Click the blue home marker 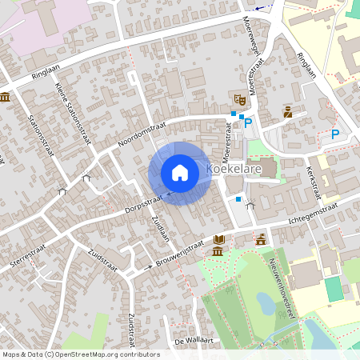coord(180,172)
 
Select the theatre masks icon coord(238,98)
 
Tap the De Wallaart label coord(192,341)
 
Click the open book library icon coord(219,240)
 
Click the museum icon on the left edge coord(6,97)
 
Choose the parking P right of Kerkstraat coord(335,134)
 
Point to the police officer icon coord(287,112)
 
